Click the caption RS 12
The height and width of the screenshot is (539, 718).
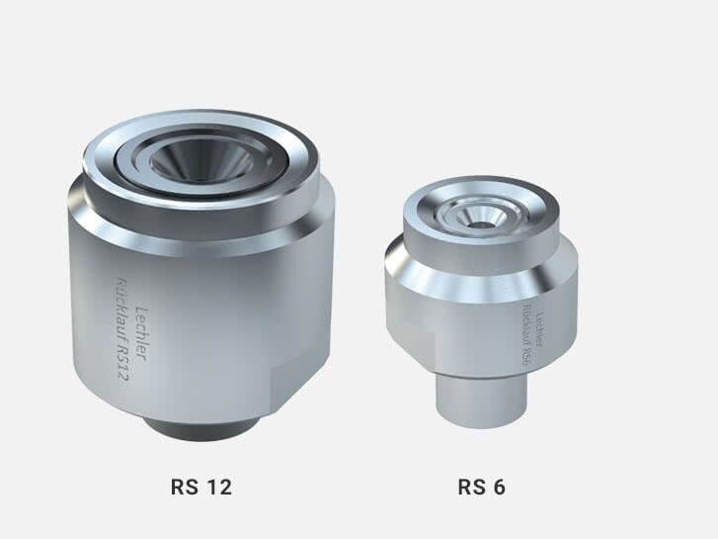coord(200,487)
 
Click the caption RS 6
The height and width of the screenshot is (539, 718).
coord(482,487)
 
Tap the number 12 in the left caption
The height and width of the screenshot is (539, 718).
coord(218,487)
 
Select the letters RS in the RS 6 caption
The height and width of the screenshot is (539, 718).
coord(470,487)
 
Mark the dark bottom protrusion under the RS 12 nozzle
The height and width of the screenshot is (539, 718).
coord(201,428)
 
